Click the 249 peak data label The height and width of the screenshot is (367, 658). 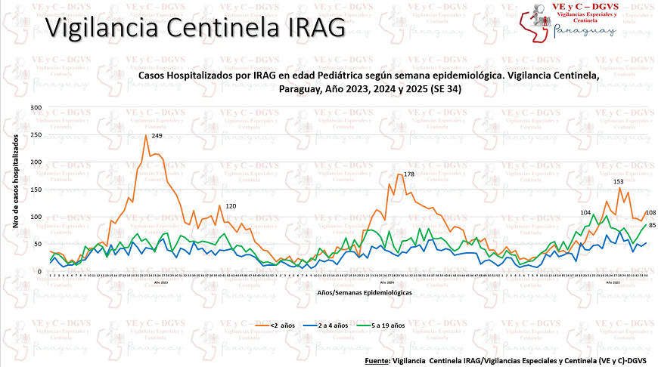(157, 135)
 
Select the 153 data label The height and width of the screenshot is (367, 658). (618, 181)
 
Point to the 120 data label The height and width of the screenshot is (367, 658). (231, 207)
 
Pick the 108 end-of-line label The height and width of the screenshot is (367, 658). (650, 213)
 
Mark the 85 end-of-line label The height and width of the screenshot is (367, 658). (651, 225)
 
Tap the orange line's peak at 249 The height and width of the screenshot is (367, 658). (146, 136)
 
